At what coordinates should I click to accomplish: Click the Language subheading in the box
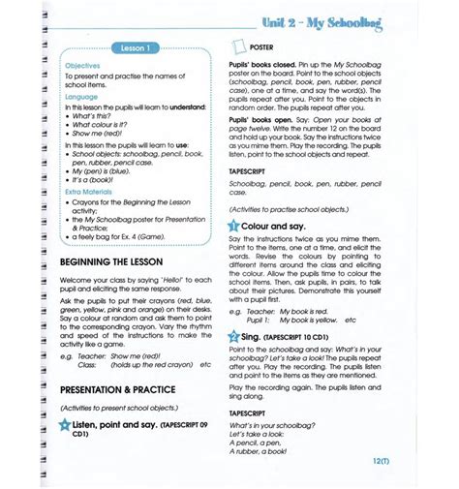80,98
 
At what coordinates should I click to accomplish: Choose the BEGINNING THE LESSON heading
111,262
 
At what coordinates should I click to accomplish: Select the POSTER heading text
261,46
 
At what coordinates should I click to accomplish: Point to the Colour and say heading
283,225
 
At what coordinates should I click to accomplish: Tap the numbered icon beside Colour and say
235,225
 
